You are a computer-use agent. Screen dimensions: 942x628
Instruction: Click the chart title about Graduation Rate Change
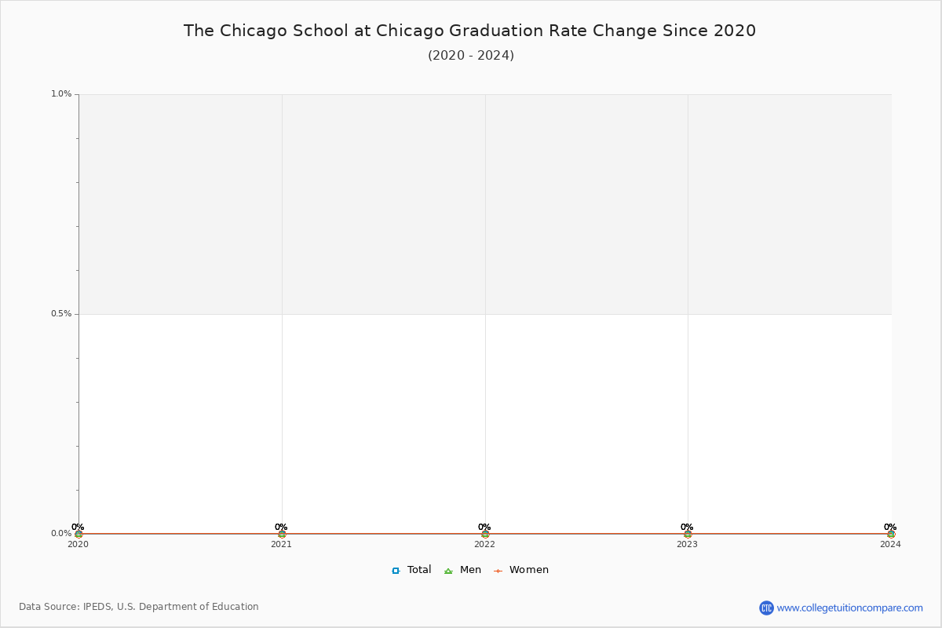pyautogui.click(x=469, y=31)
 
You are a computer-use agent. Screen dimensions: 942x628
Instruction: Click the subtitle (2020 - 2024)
pyautogui.click(x=471, y=56)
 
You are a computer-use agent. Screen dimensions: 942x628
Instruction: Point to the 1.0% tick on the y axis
pyautogui.click(x=61, y=93)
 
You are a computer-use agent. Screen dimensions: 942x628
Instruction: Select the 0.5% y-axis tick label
pyautogui.click(x=61, y=314)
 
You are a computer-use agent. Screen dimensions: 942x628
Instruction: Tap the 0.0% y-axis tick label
pyautogui.click(x=61, y=533)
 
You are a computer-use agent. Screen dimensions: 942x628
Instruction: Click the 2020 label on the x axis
pyautogui.click(x=78, y=544)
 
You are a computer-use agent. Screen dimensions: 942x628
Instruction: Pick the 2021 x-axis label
pyautogui.click(x=281, y=544)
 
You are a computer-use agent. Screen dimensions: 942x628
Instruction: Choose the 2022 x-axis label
pyautogui.click(x=485, y=544)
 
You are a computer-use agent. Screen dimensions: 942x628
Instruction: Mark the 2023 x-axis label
pyautogui.click(x=687, y=544)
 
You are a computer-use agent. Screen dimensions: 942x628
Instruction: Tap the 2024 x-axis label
pyautogui.click(x=891, y=544)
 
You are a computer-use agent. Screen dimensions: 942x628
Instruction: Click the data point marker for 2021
pyautogui.click(x=282, y=535)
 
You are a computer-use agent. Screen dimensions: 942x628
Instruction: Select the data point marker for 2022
pyautogui.click(x=485, y=535)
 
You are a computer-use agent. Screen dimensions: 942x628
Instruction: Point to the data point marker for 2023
pyautogui.click(x=688, y=535)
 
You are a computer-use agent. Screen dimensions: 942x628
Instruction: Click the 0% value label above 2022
pyautogui.click(x=484, y=527)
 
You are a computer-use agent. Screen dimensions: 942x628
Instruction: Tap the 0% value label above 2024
pyautogui.click(x=890, y=527)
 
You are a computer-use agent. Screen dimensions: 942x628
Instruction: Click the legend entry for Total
pyautogui.click(x=411, y=570)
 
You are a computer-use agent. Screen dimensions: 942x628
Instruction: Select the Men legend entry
pyautogui.click(x=462, y=570)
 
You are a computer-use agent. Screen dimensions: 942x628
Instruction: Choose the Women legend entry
pyautogui.click(x=521, y=570)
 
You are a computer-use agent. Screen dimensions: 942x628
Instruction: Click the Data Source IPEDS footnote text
pyautogui.click(x=139, y=607)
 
